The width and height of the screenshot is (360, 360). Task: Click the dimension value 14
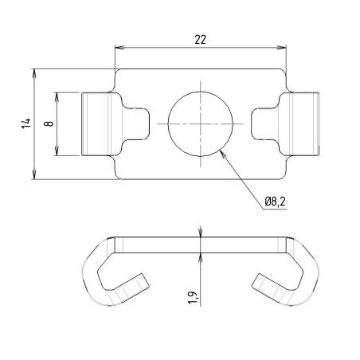click(26, 123)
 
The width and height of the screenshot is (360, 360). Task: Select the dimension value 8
click(49, 123)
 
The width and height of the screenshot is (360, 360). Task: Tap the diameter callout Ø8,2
click(276, 203)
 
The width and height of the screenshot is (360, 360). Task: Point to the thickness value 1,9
click(191, 299)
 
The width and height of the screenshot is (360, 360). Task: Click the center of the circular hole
click(202, 123)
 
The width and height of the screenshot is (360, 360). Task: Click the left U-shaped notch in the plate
click(139, 123)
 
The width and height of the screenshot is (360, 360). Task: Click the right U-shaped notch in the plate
click(264, 123)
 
